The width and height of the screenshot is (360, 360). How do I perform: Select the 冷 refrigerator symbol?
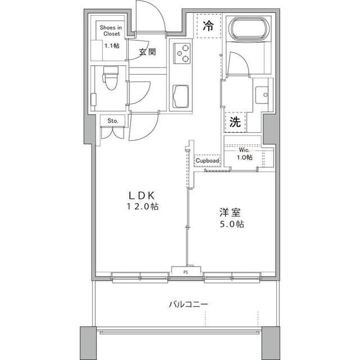208,25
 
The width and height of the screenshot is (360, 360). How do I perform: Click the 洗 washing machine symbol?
236,122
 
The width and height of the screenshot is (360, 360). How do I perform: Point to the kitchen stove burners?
182,54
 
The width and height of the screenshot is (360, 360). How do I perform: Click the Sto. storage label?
112,120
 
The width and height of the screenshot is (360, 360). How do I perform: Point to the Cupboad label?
207,161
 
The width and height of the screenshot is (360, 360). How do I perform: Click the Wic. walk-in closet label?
244,150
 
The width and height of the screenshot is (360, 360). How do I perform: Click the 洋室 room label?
230,213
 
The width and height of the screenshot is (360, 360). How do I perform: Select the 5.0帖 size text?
231,224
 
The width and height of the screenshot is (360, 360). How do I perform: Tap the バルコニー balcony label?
188,304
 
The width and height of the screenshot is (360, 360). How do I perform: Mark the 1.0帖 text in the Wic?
244,157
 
